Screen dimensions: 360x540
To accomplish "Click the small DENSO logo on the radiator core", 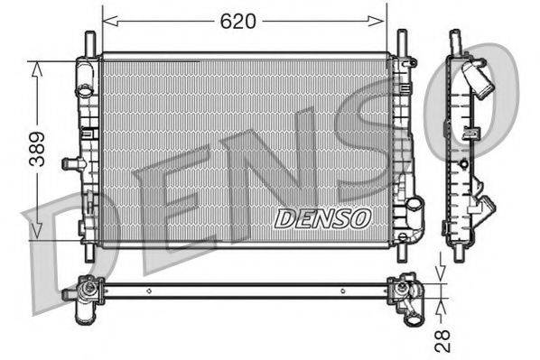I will click(322, 217).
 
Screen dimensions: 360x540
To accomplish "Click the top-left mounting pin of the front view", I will click(89, 43).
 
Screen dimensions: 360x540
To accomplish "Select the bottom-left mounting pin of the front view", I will click(88, 254).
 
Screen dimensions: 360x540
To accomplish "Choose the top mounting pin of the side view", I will click(456, 41).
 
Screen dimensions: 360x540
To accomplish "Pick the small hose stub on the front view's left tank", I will click(70, 163).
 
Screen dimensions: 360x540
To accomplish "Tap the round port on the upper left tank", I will click(84, 91).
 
